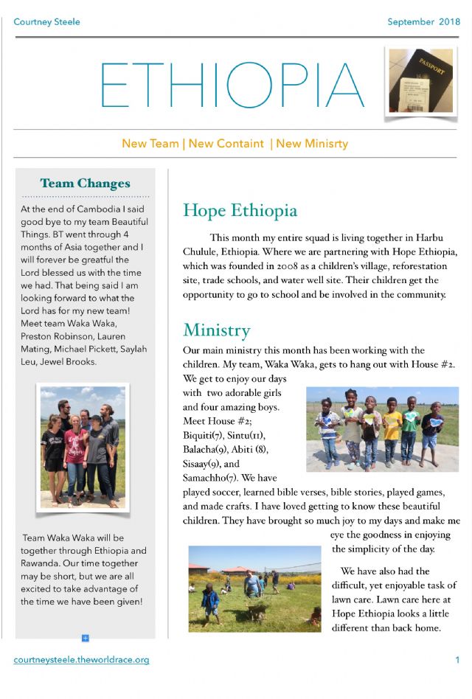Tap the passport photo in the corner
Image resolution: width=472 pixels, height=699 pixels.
[420, 81]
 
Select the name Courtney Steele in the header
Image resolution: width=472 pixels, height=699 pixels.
[46, 21]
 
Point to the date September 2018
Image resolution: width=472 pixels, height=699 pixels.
[423, 21]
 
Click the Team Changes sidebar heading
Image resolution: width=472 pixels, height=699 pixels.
[85, 184]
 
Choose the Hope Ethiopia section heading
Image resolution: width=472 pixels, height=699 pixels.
[240, 210]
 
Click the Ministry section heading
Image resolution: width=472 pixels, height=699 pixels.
[216, 329]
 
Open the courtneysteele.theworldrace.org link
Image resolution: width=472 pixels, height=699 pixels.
[81, 660]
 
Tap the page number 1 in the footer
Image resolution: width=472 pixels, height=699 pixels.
[457, 660]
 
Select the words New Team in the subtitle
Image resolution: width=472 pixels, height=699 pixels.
[150, 144]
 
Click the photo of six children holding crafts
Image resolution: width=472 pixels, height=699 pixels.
[382, 429]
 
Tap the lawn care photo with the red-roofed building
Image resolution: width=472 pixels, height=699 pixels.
[254, 588]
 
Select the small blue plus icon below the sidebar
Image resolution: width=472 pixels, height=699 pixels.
[86, 638]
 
